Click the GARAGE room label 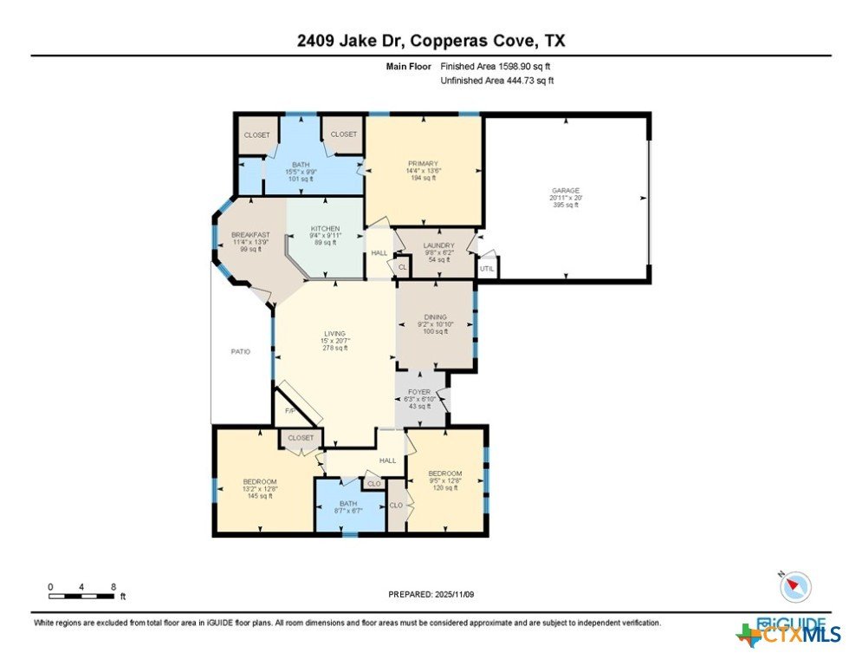(566, 191)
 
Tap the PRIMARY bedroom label (423, 164)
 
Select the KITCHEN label (326, 228)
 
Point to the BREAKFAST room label (250, 235)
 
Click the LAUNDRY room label (438, 245)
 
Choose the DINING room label (436, 317)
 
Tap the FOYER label (419, 392)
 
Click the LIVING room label (334, 334)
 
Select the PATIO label (240, 351)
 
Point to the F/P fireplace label (289, 411)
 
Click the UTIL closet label (487, 269)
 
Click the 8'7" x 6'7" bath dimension (348, 511)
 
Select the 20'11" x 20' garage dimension (566, 198)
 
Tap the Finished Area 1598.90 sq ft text (496, 67)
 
